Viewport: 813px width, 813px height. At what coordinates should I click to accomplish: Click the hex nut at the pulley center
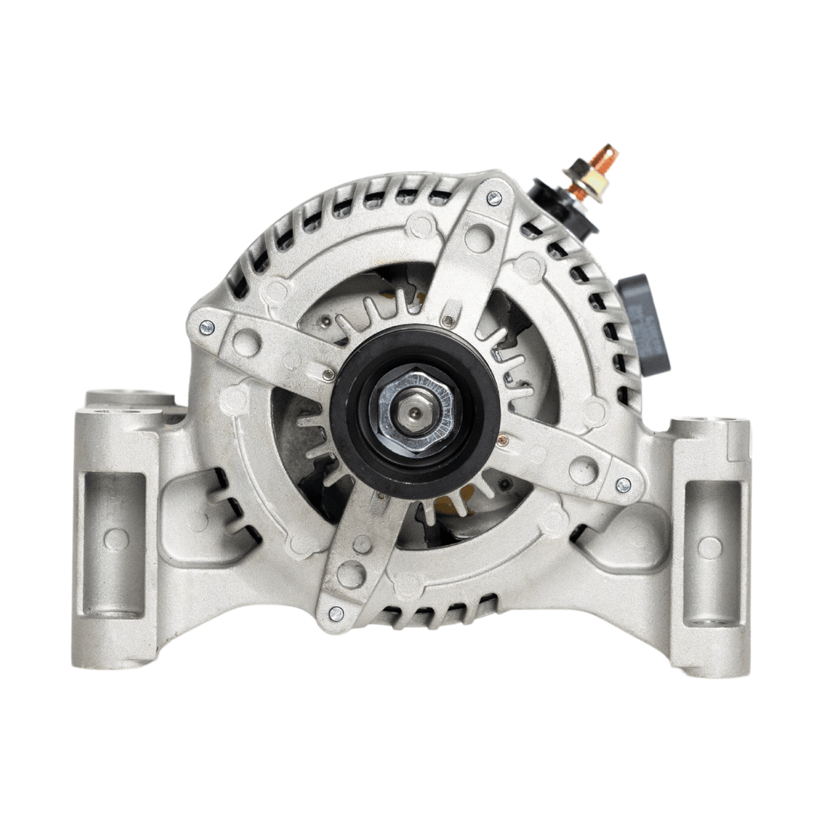pos(415,410)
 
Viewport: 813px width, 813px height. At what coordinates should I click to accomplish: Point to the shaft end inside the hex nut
pos(415,411)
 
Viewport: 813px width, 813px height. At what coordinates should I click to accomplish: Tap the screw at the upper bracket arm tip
pos(494,198)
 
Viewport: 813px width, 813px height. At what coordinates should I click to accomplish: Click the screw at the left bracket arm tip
pos(206,327)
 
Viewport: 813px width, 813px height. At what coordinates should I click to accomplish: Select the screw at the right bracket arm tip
pos(623,486)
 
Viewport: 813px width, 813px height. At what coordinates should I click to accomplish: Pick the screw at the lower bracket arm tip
pos(336,614)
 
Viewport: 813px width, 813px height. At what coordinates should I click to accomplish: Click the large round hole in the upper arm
pos(479,238)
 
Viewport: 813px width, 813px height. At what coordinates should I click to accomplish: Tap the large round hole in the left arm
pos(246,343)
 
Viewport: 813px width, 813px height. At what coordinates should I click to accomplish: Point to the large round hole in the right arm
pos(583,470)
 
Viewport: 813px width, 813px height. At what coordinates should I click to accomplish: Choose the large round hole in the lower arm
pos(351,574)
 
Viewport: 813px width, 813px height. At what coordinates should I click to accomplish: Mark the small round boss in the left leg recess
pos(115,539)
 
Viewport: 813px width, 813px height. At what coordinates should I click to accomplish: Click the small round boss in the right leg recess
pos(709,547)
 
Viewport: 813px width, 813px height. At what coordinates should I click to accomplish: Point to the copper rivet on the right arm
pos(502,440)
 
